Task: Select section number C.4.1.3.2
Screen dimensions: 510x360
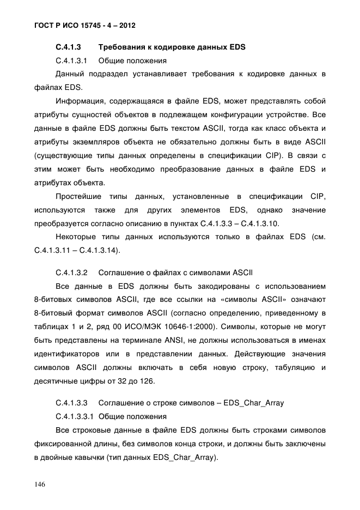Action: (72, 272)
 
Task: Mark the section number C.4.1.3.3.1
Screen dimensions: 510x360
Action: (75, 417)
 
